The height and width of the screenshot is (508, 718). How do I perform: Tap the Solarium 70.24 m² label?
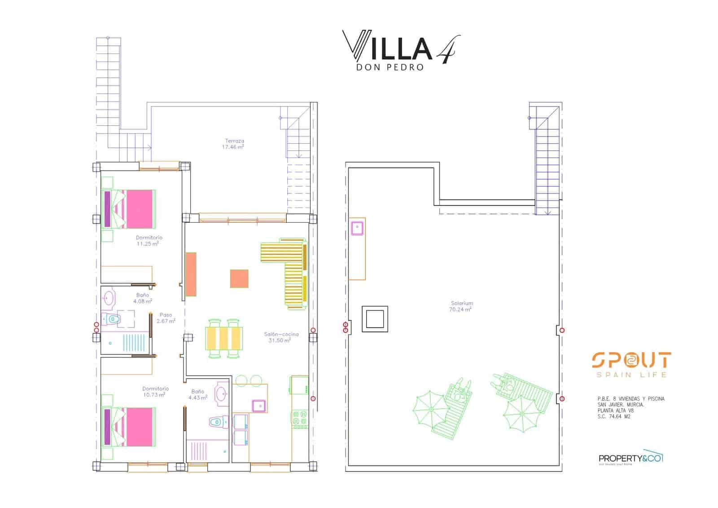pyautogui.click(x=461, y=306)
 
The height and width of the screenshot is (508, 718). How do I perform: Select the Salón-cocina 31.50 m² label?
pyautogui.click(x=281, y=337)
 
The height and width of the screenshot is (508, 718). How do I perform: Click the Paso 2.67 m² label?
pyautogui.click(x=166, y=318)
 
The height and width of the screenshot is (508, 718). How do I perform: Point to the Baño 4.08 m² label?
pyautogui.click(x=142, y=298)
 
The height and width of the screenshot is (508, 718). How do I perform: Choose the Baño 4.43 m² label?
pyautogui.click(x=197, y=394)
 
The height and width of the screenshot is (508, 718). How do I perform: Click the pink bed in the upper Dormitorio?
pyautogui.click(x=135, y=209)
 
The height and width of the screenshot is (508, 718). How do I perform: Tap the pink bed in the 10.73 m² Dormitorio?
pyautogui.click(x=135, y=427)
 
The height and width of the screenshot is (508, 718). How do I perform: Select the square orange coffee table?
pyautogui.click(x=239, y=278)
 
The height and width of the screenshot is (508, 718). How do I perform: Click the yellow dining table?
pyautogui.click(x=224, y=338)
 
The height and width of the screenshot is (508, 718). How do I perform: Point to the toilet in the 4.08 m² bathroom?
pyautogui.click(x=112, y=319)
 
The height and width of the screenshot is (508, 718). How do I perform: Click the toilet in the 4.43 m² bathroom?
pyautogui.click(x=217, y=422)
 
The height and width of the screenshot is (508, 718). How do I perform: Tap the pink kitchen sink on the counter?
pyautogui.click(x=258, y=406)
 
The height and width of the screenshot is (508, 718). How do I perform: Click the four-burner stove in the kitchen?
pyautogui.click(x=299, y=418)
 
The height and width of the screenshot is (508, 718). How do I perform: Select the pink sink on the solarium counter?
pyautogui.click(x=357, y=228)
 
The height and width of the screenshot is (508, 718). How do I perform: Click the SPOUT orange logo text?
pyautogui.click(x=631, y=361)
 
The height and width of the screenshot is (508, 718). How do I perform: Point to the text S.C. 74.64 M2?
pyautogui.click(x=614, y=416)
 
